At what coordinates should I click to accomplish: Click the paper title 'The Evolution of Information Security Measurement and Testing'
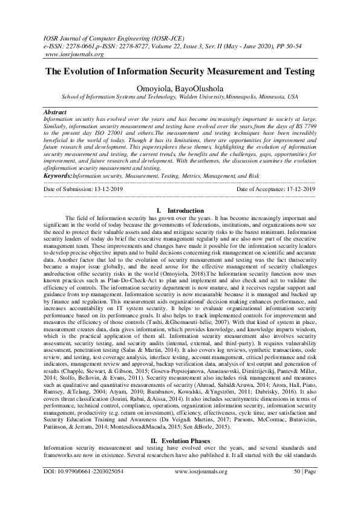[180, 72]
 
